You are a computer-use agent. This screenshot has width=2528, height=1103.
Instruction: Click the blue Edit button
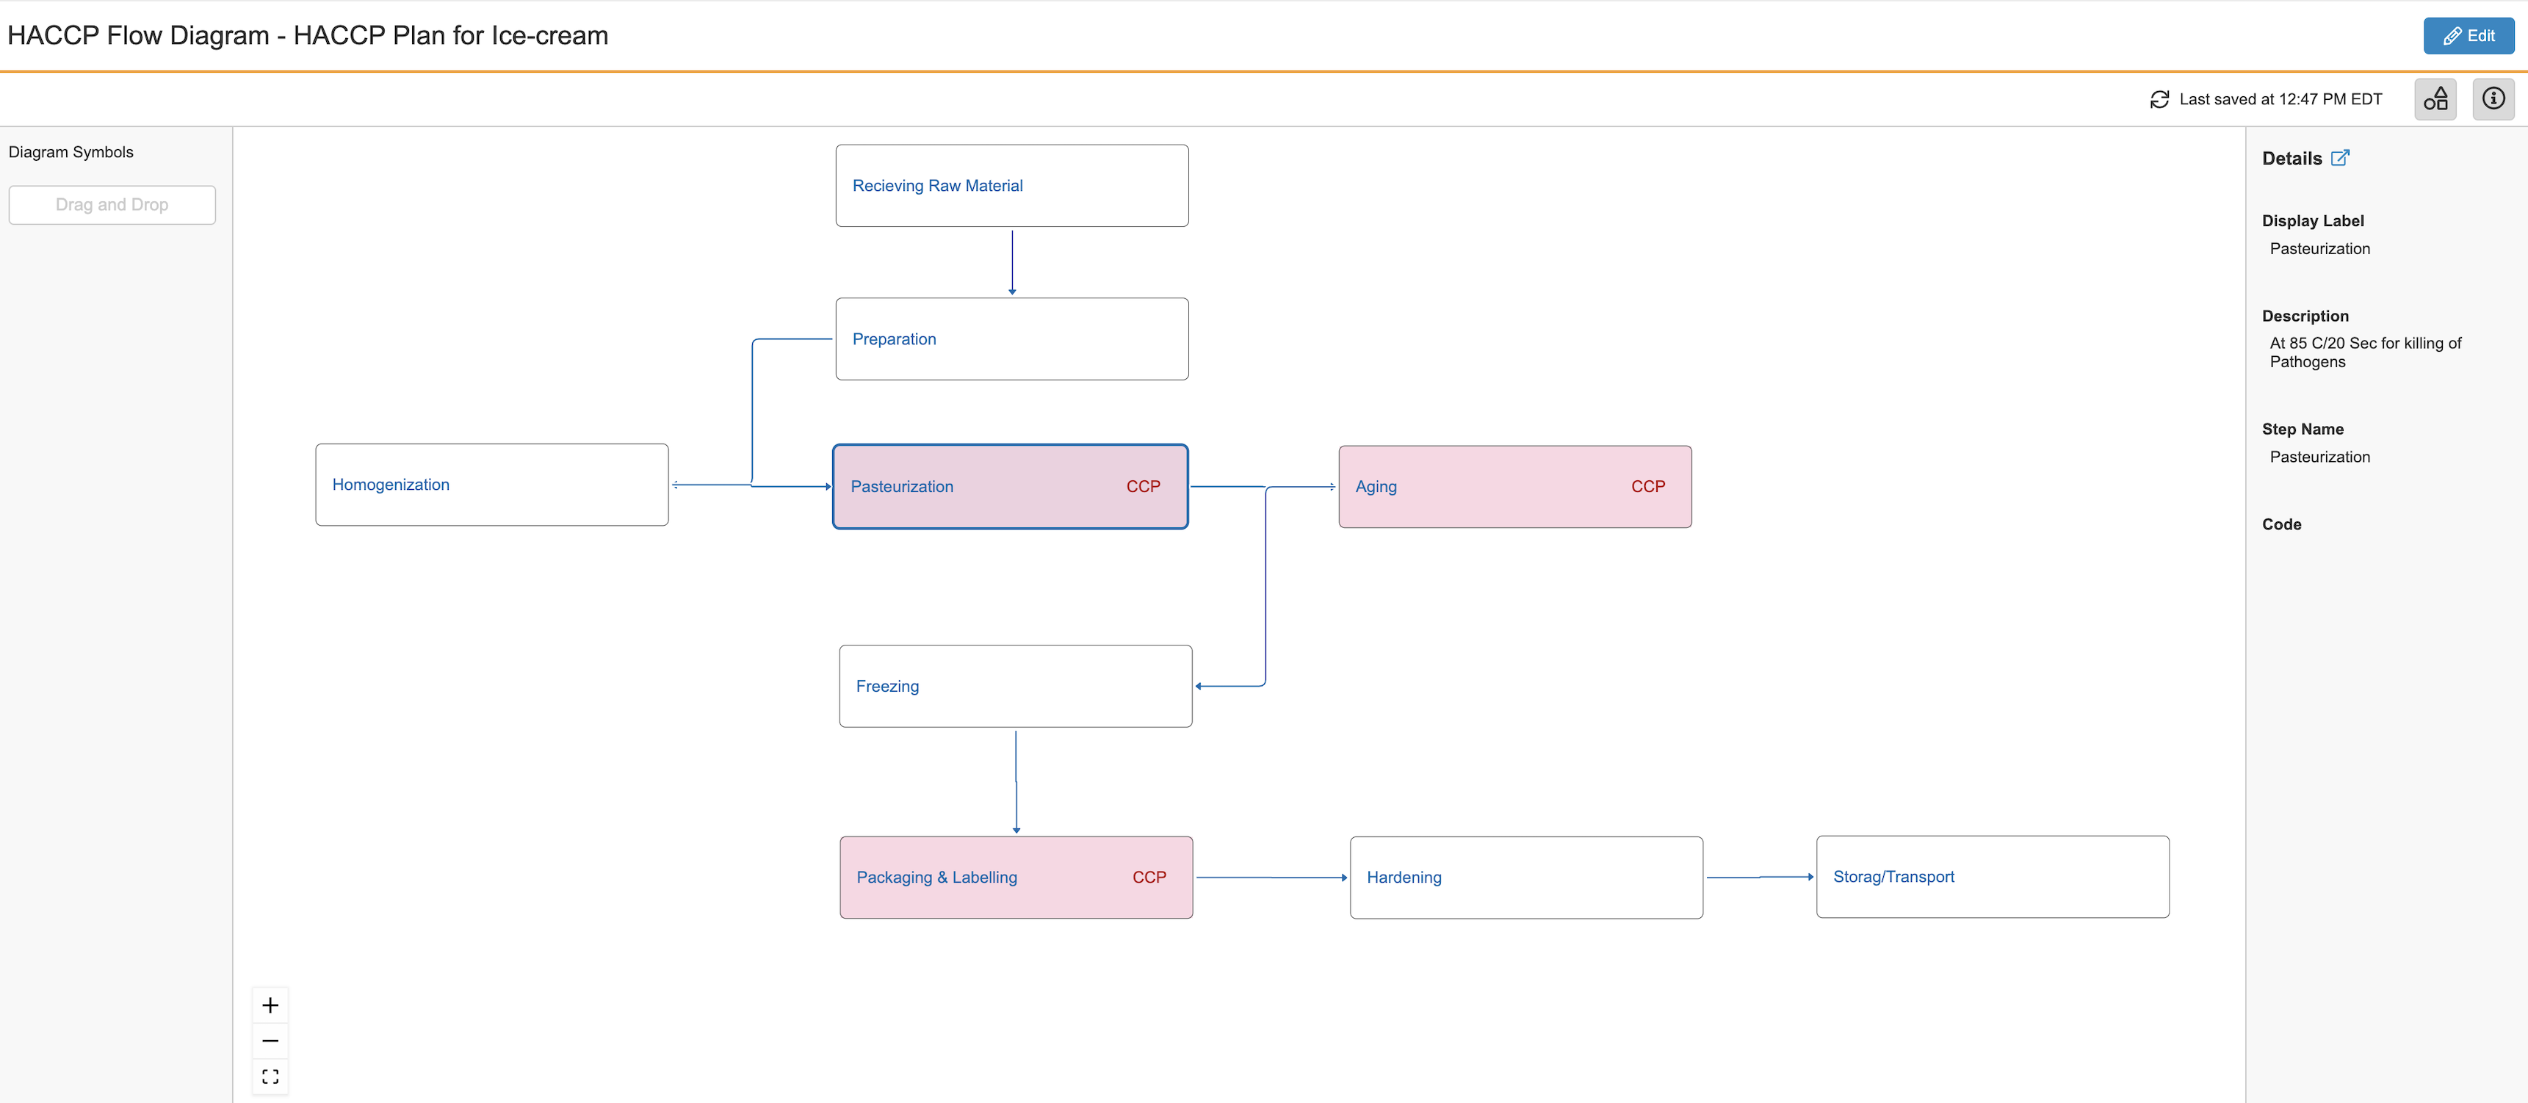(2467, 36)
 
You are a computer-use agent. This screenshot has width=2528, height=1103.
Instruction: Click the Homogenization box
(491, 485)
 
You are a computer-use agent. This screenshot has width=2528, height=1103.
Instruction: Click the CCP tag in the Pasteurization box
(1142, 487)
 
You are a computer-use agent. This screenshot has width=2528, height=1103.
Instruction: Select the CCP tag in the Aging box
(1647, 487)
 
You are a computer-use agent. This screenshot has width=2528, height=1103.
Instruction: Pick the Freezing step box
(1015, 686)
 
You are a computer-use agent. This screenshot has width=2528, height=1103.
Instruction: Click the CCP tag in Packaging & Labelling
(1148, 878)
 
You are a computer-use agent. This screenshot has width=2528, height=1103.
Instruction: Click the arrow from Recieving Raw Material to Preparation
(1012, 261)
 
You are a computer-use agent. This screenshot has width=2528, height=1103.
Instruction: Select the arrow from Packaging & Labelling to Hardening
(1270, 878)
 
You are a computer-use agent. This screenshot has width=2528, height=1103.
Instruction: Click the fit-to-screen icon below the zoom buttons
(270, 1077)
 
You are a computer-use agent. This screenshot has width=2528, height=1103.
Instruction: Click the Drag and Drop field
(112, 205)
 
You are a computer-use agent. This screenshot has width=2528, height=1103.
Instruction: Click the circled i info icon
(2493, 99)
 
